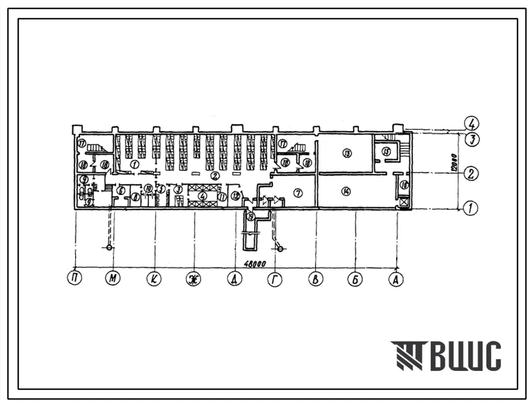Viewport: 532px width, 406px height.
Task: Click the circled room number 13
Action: click(x=346, y=153)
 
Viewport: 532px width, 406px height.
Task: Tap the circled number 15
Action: click(x=386, y=151)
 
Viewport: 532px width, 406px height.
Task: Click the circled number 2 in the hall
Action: click(x=214, y=176)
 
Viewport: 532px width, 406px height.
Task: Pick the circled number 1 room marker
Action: click(x=134, y=164)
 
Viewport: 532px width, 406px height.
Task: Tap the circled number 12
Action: click(x=236, y=196)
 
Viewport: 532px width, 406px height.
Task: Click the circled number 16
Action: click(x=404, y=185)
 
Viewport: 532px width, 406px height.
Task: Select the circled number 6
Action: click(x=121, y=190)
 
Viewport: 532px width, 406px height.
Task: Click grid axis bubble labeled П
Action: click(x=75, y=279)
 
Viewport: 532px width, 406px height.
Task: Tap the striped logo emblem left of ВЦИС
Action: click(x=406, y=356)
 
